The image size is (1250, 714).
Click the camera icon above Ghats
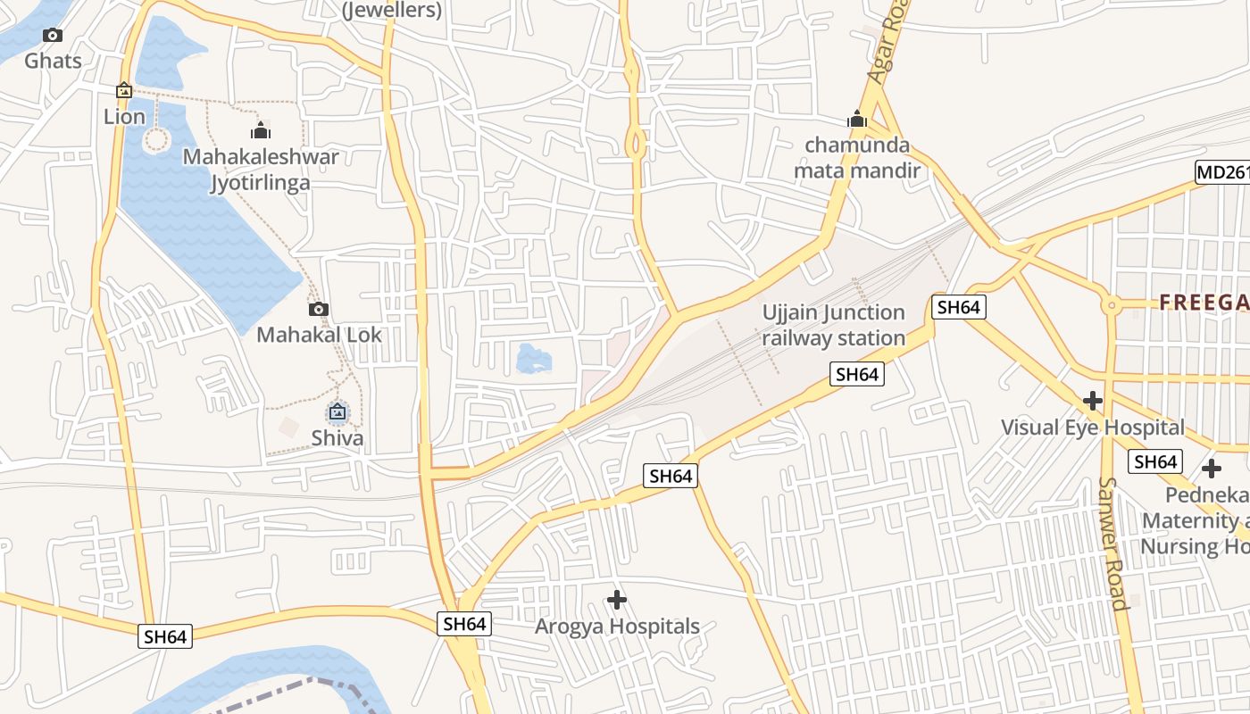click(53, 36)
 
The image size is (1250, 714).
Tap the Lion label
click(124, 117)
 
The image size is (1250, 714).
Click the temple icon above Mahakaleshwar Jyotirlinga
click(261, 131)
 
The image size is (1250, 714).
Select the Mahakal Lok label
click(319, 335)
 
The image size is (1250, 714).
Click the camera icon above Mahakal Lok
click(319, 310)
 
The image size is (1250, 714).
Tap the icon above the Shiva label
click(337, 411)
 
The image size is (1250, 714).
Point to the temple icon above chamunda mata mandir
click(857, 119)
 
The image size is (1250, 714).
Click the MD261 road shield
click(1221, 172)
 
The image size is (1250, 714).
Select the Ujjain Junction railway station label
click(834, 325)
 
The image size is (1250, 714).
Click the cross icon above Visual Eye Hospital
click(1092, 401)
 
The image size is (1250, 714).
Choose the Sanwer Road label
click(1113, 544)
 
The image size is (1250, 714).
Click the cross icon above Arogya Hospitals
click(617, 600)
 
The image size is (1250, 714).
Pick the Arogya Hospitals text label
click(617, 627)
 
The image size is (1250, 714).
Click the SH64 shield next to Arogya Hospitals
click(464, 624)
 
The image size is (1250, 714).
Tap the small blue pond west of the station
click(534, 359)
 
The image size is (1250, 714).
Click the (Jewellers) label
click(393, 11)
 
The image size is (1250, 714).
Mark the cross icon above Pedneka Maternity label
click(1211, 468)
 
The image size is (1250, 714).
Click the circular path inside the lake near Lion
click(156, 139)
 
